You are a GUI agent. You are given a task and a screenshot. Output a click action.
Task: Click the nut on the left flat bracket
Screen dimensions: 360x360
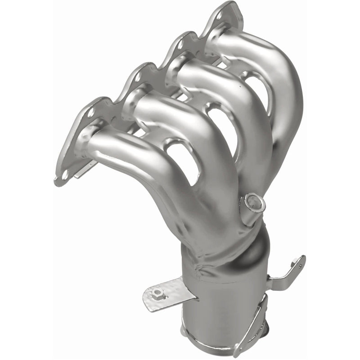157,293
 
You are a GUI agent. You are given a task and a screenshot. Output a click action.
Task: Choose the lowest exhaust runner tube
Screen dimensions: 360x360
135,153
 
